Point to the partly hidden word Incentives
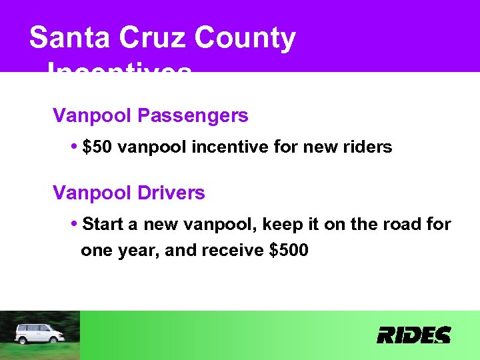tap(120, 68)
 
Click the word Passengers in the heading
tap(193, 116)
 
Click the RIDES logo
tap(413, 335)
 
